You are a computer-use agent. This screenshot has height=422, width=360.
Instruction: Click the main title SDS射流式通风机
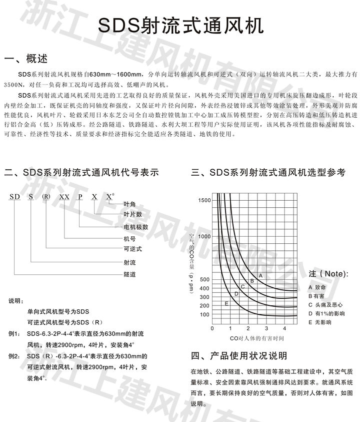coord(180,25)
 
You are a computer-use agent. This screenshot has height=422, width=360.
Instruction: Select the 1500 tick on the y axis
coord(205,200)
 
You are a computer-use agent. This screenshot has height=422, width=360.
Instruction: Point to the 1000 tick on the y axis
coord(205,236)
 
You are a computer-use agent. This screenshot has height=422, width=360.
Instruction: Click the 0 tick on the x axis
coord(212,328)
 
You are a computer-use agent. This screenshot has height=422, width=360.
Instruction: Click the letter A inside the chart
coord(260,275)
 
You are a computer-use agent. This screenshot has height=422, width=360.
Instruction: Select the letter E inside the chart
coord(226,303)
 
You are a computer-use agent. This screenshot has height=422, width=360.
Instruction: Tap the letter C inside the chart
coord(242,286)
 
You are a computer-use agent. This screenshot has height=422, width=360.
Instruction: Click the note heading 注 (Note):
coord(327,274)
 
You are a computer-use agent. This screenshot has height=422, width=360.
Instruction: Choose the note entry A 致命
coord(317,287)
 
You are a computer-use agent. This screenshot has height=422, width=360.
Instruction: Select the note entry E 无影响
coord(320,322)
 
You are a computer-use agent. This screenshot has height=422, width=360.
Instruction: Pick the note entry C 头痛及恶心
coord(325,304)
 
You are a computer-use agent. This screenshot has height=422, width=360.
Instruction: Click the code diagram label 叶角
coord(130,204)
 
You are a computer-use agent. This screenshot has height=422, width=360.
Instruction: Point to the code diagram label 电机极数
coord(136,226)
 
